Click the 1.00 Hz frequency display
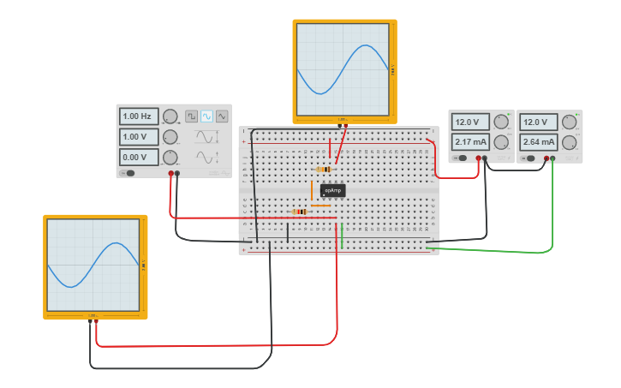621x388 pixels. [x=138, y=116]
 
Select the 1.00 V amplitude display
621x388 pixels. [x=138, y=136]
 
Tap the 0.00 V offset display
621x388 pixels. [x=138, y=157]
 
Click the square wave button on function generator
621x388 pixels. [x=191, y=116]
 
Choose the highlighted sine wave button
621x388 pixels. [x=206, y=116]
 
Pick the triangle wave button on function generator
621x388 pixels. [x=222, y=116]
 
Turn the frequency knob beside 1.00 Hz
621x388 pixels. [x=170, y=116]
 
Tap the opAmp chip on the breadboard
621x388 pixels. [x=332, y=190]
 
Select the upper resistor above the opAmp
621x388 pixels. [x=325, y=170]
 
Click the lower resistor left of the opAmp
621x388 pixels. [x=299, y=212]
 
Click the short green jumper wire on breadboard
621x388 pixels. [x=342, y=236]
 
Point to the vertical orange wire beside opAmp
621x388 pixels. [x=313, y=190]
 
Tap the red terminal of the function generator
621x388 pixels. [x=171, y=174]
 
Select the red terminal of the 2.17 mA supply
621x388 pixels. [x=478, y=158]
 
